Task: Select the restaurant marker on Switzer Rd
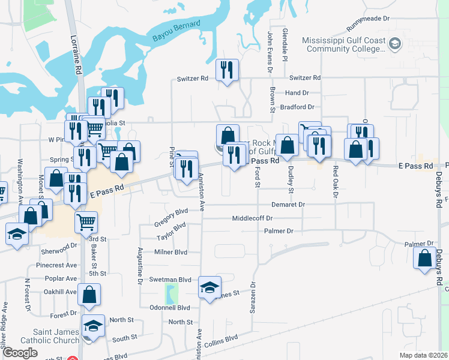[228, 70]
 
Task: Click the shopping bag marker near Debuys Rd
[425, 258]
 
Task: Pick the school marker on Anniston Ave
[210, 287]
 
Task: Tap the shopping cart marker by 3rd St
[86, 222]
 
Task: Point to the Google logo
[20, 353]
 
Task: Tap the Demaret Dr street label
[288, 205]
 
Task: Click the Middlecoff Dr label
[253, 218]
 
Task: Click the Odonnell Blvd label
[170, 308]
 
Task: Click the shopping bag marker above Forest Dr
[89, 295]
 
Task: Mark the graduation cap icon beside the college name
[394, 43]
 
